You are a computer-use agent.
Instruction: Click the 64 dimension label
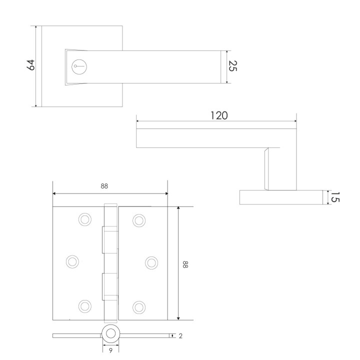(31, 64)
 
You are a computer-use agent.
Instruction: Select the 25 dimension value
(233, 66)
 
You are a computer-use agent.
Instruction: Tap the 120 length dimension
(219, 115)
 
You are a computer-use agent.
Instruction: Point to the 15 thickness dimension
(335, 197)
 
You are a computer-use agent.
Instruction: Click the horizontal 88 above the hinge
(104, 186)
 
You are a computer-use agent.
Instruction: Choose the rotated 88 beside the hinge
(185, 264)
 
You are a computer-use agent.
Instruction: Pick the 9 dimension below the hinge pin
(110, 350)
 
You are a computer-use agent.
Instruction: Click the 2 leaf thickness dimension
(180, 336)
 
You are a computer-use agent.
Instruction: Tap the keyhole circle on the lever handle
(79, 66)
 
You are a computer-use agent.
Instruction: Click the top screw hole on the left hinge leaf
(85, 219)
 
